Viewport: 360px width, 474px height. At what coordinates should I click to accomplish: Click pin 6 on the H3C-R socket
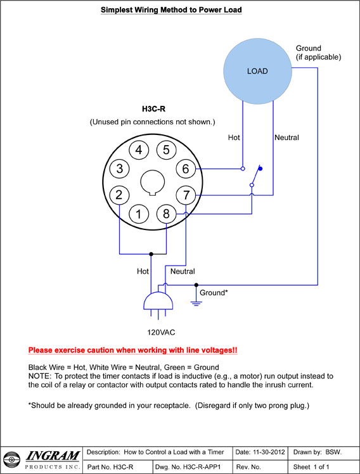[x=186, y=169]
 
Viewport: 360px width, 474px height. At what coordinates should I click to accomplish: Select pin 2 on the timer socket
[x=119, y=195]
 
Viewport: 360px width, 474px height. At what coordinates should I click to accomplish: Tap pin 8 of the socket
[x=166, y=214]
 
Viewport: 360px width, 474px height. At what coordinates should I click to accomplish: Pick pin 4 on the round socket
[x=139, y=150]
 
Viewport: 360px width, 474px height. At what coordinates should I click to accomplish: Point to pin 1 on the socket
[x=139, y=214]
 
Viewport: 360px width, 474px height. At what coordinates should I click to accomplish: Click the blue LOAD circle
[x=257, y=71]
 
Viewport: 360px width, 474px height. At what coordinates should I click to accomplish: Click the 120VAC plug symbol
[x=158, y=304]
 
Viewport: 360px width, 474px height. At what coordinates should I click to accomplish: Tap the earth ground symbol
[x=196, y=303]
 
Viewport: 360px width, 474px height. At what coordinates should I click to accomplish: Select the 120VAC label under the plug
[x=161, y=333]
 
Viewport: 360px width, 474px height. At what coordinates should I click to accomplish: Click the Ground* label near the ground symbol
[x=214, y=293]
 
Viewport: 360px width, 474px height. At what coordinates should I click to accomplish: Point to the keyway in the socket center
[x=153, y=183]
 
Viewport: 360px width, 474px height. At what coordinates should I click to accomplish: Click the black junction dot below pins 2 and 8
[x=151, y=254]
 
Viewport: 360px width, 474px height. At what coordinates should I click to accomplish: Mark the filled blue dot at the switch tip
[x=260, y=169]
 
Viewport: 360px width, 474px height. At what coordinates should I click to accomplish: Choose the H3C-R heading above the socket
[x=153, y=109]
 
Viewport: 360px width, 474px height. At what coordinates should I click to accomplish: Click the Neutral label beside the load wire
[x=286, y=138]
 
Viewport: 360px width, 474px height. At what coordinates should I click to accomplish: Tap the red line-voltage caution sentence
[x=132, y=350]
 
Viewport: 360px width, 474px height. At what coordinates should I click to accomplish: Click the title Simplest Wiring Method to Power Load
[x=171, y=10]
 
